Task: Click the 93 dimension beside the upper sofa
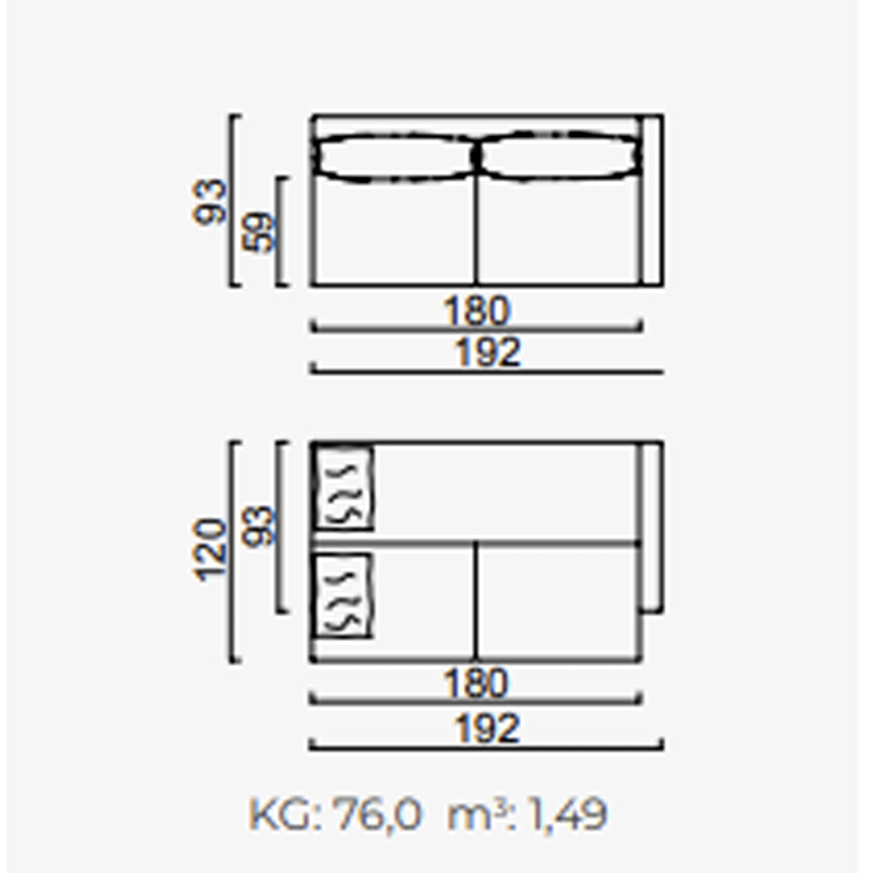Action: coord(210,202)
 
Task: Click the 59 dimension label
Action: coord(259,232)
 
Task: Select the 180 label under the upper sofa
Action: coord(477,311)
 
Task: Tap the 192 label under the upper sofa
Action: coord(487,352)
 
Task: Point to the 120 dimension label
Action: coord(210,551)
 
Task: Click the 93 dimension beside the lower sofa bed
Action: coord(258,526)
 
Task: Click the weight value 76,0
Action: coord(377,815)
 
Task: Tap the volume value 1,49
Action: coord(567,815)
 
